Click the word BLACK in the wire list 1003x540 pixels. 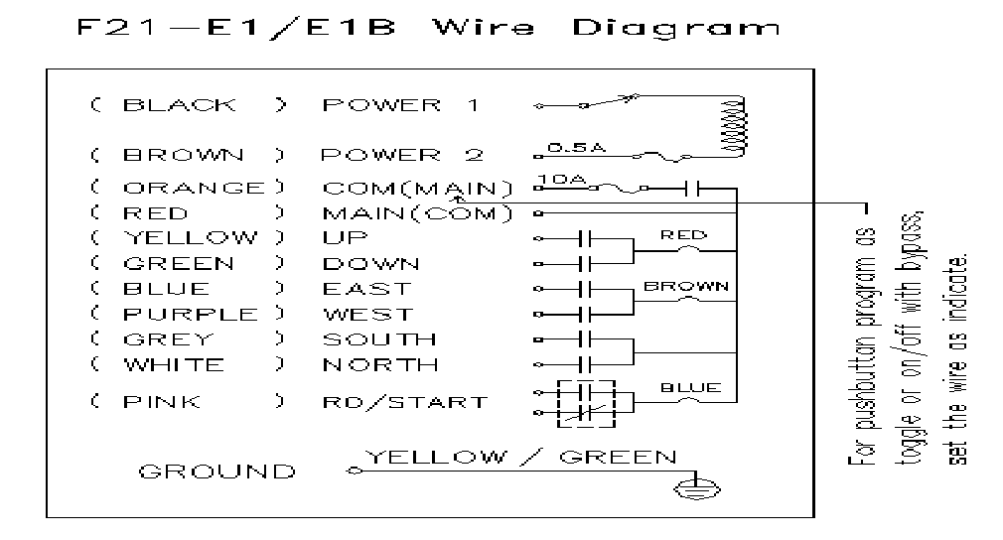(x=180, y=105)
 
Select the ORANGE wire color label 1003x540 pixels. (x=194, y=188)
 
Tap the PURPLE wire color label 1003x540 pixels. (x=190, y=315)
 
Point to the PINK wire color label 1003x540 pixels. (x=162, y=402)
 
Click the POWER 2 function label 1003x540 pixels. (x=401, y=155)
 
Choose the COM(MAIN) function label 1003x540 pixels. (x=417, y=188)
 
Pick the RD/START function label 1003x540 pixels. (x=404, y=402)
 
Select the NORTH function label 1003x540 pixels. (x=380, y=364)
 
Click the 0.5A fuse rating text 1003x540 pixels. (x=569, y=147)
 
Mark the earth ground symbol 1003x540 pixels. (x=686, y=487)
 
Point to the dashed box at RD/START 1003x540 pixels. (x=586, y=402)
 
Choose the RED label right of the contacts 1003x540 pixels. (x=684, y=235)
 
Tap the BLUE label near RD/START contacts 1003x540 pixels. (x=690, y=387)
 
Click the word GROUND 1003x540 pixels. (x=216, y=472)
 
